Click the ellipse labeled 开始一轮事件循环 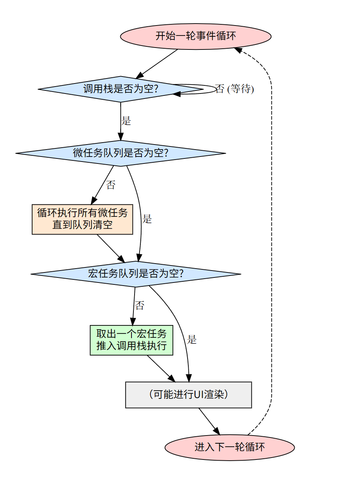pos(195,36)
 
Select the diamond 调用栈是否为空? pos(120,89)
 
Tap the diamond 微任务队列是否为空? pos(120,153)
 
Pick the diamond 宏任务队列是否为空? pos(136,274)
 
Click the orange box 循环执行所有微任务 pos(82,220)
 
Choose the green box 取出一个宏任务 pos(131,340)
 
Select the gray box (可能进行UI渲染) pos(188,395)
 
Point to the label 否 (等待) pos(234,89)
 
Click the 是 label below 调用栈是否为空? pos(126,121)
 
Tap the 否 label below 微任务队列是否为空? pos(111,185)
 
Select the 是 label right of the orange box pos(147,219)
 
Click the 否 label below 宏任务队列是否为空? pos(140,305)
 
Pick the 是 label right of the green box pos(191,339)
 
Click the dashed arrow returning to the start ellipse pos(271,240)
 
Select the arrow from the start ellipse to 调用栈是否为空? pos(157,64)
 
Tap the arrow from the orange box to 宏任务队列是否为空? pos(111,248)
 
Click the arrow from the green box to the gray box pos(161,368)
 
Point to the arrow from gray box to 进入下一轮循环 pos(209,421)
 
